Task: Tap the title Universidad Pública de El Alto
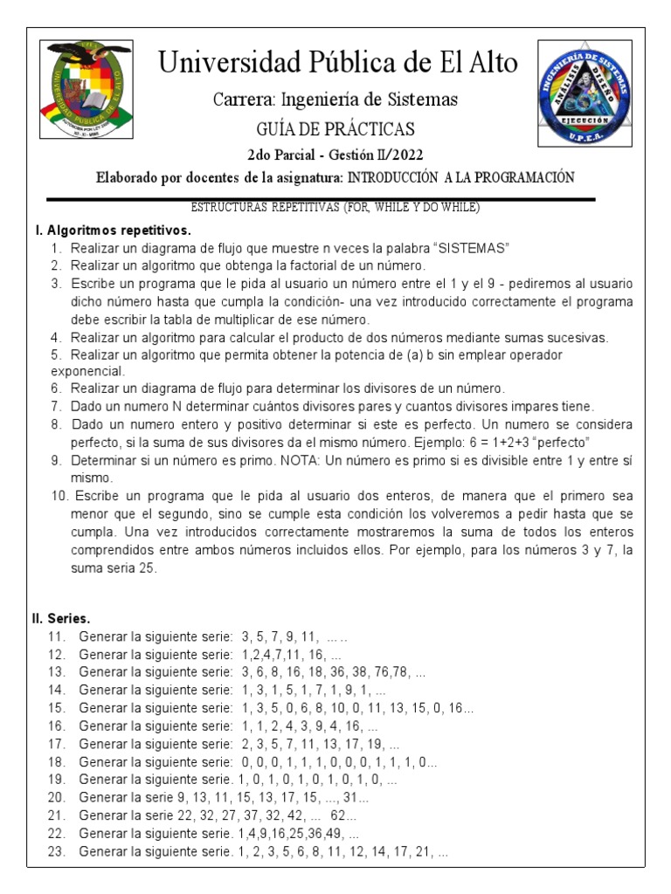pos(336,63)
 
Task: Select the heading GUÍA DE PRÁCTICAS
pos(335,129)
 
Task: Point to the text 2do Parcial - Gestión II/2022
pos(335,155)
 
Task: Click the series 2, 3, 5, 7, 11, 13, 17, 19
pos(309,745)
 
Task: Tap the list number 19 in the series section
pos(56,780)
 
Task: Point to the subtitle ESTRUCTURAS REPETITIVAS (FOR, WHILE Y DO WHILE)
pos(335,207)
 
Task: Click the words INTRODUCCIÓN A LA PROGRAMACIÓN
pos(460,177)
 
